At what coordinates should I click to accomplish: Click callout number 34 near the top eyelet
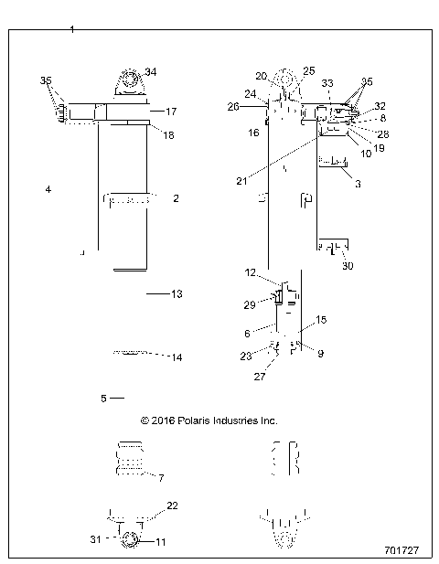click(151, 72)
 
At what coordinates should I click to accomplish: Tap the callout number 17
click(170, 112)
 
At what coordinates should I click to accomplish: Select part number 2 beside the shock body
click(175, 197)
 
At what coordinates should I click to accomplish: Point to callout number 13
click(177, 294)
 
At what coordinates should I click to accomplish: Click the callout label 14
click(177, 357)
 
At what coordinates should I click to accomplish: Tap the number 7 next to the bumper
click(161, 478)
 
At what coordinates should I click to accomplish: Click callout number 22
click(171, 505)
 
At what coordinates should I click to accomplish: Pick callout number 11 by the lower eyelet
click(161, 542)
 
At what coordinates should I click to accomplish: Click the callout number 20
click(261, 76)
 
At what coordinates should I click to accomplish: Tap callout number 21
click(241, 181)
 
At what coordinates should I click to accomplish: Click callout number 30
click(347, 266)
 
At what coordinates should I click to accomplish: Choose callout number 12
click(250, 273)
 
